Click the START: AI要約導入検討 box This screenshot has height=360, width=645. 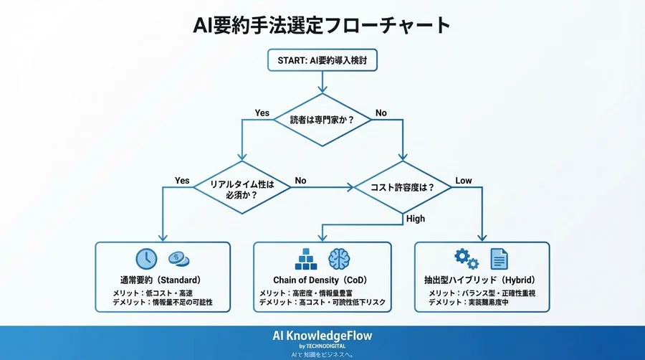tap(322, 60)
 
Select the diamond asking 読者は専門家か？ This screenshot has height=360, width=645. tap(322, 120)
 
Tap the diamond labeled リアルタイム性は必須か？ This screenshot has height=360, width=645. tap(242, 188)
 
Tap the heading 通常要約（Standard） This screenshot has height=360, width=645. tap(160, 279)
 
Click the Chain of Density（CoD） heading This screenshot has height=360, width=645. tap(322, 279)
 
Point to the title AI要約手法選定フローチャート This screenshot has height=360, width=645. tap(322, 25)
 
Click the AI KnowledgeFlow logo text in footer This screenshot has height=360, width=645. tap(322, 336)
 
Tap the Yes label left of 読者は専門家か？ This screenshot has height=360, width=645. tap(262, 113)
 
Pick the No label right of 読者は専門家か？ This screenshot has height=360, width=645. tap(381, 113)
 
